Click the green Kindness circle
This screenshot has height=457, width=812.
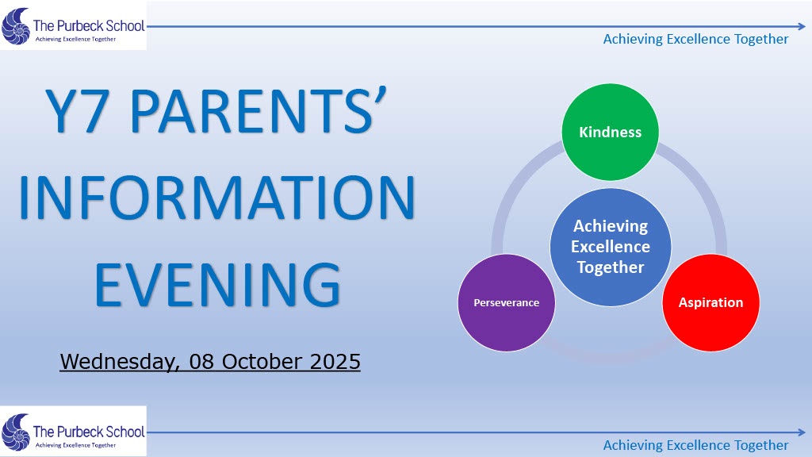(x=610, y=132)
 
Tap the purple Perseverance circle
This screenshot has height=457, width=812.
(x=507, y=302)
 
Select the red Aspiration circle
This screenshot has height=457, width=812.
(x=711, y=302)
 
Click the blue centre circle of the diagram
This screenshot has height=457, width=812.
(x=611, y=247)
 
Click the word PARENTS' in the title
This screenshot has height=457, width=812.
(x=258, y=110)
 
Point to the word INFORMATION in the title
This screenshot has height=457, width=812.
(x=217, y=198)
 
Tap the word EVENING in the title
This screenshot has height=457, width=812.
(x=217, y=285)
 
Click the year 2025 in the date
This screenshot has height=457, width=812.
(x=335, y=362)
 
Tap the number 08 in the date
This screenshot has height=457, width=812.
(x=201, y=362)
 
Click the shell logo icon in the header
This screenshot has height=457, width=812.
(x=16, y=26)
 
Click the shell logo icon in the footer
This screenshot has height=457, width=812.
(x=16, y=432)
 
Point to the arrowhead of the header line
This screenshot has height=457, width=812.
(x=802, y=26)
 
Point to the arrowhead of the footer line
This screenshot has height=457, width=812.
(x=802, y=432)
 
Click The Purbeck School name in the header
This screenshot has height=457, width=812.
(x=89, y=25)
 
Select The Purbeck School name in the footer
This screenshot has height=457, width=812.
(x=89, y=432)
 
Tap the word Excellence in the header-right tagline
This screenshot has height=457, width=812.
(x=698, y=39)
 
